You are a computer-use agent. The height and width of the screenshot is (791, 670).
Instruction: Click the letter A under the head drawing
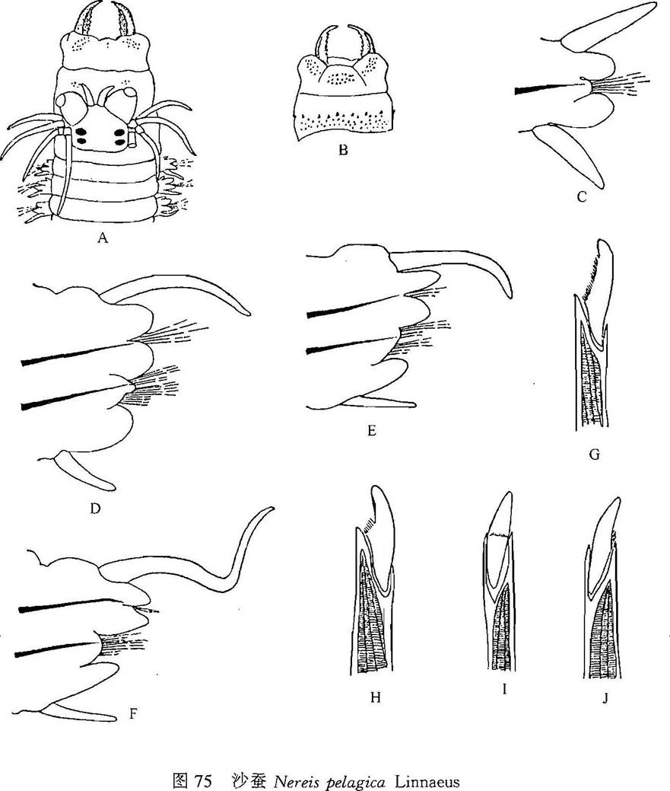click(x=103, y=238)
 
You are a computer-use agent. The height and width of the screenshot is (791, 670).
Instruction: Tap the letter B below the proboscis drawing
click(x=343, y=150)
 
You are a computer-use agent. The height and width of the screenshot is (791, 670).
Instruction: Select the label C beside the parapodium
click(x=582, y=197)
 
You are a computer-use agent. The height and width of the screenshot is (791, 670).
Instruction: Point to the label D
click(x=95, y=508)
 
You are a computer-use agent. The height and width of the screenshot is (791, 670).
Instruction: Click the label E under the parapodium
click(x=372, y=431)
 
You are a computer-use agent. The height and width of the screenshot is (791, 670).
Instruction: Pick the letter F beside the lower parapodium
click(x=132, y=714)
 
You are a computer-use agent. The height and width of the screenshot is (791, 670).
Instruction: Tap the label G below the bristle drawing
click(x=595, y=455)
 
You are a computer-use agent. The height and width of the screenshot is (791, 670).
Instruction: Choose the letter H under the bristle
click(x=375, y=697)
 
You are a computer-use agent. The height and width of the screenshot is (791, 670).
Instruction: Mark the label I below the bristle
click(x=503, y=689)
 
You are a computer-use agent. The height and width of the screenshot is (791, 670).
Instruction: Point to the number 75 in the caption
click(x=202, y=781)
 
